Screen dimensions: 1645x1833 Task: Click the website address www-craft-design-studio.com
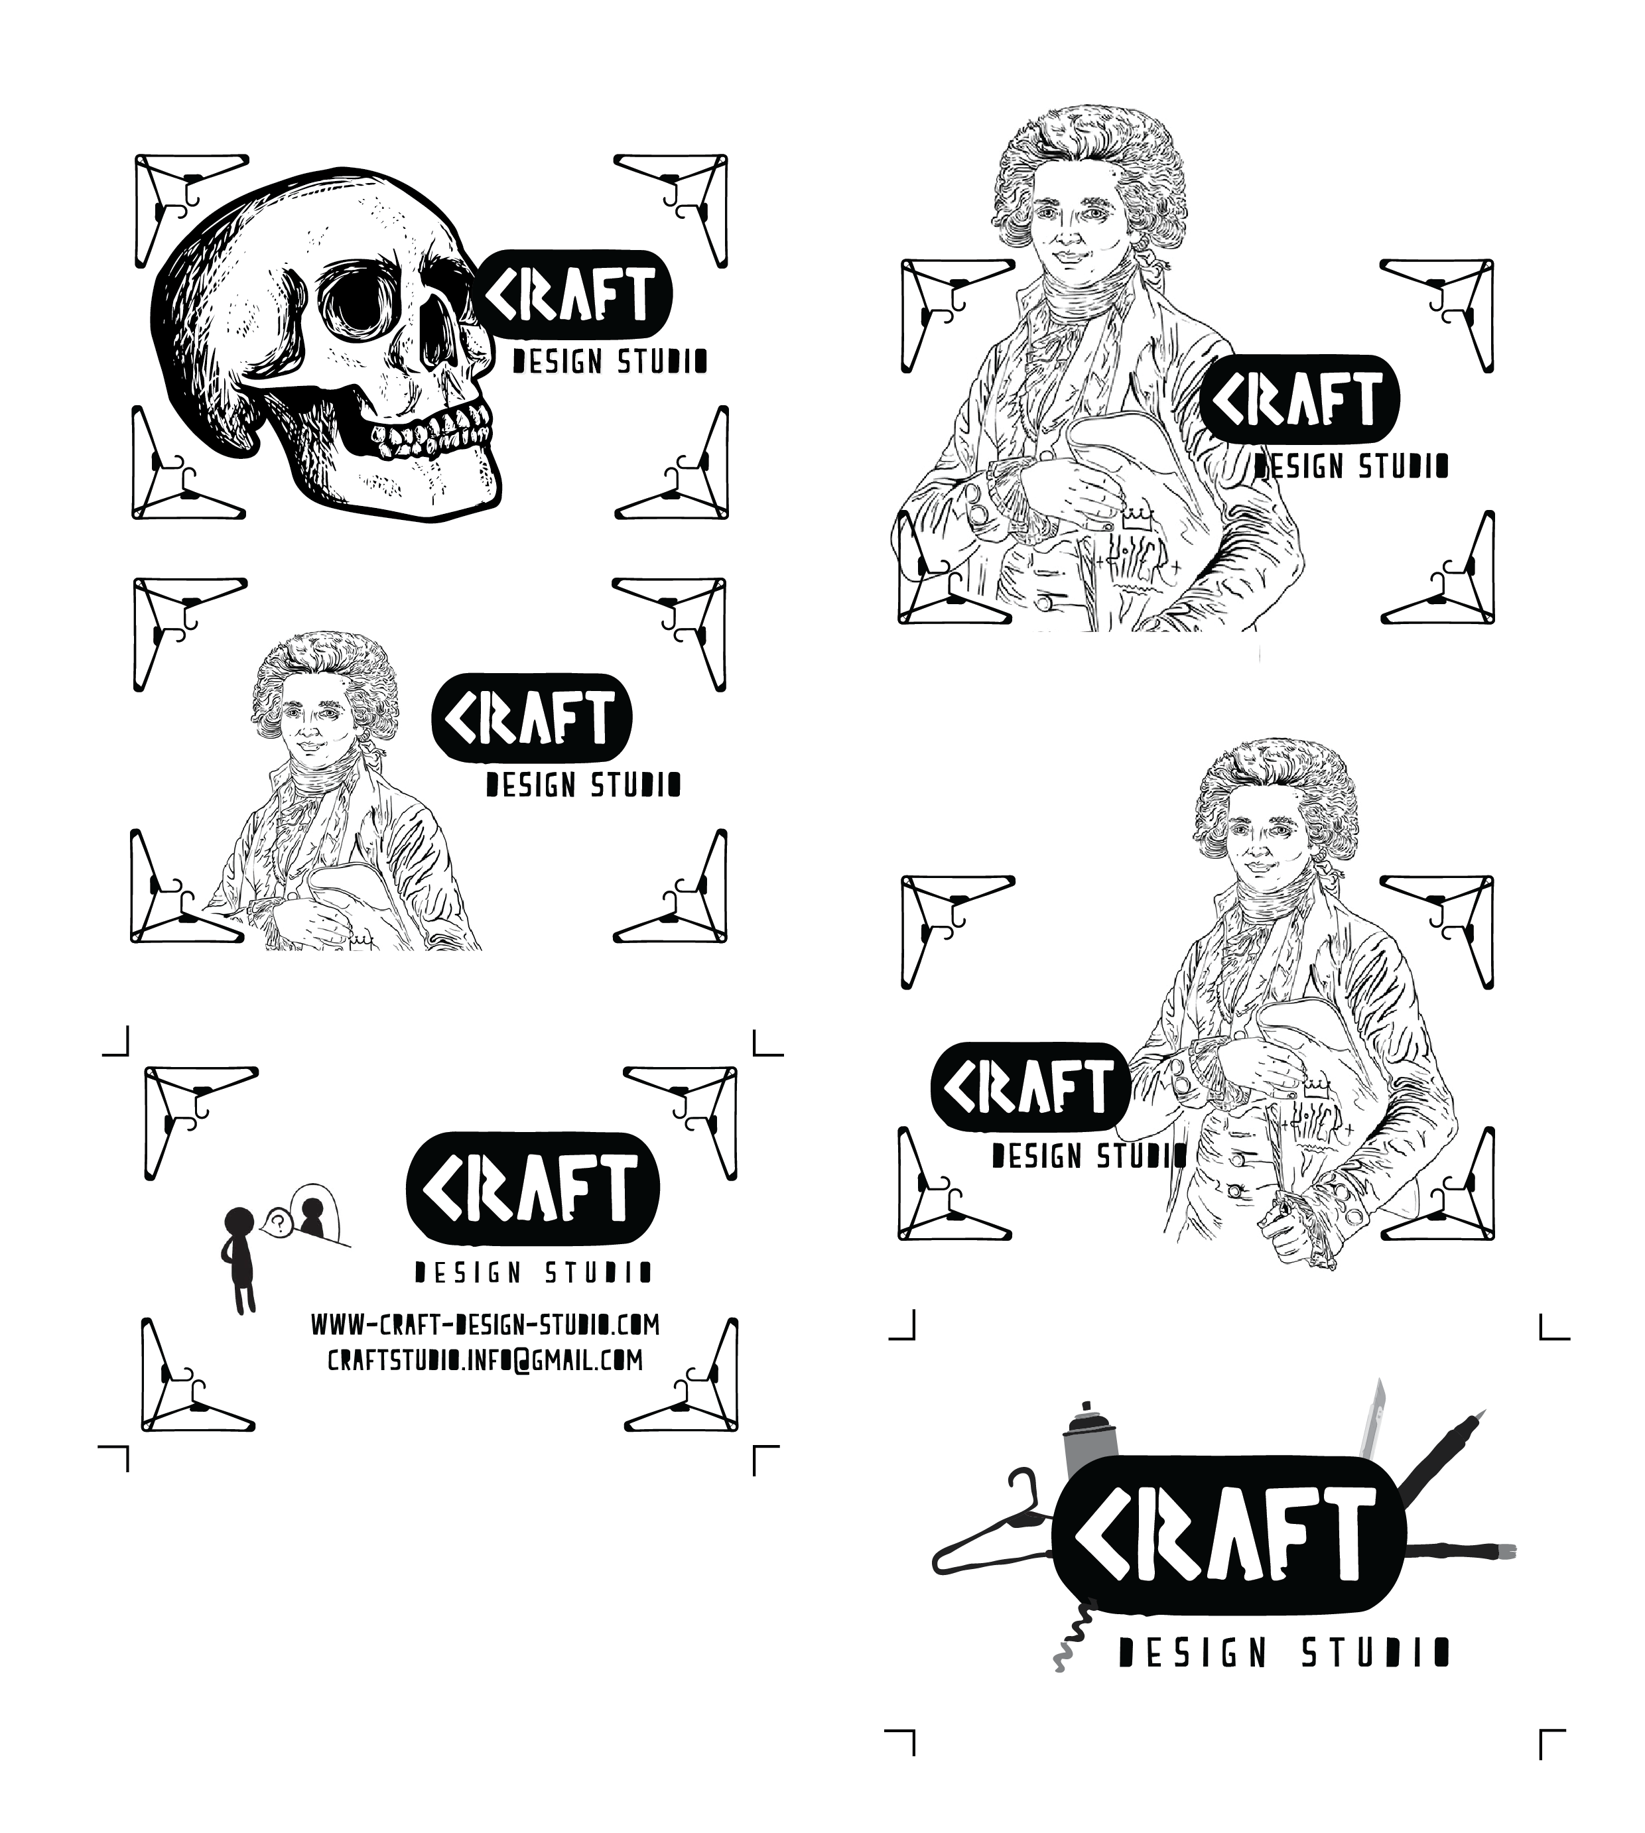click(486, 1325)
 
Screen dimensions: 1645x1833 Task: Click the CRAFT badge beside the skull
click(574, 294)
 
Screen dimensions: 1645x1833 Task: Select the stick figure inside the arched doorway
click(311, 1216)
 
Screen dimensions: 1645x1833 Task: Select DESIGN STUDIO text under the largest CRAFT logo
click(1284, 1653)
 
